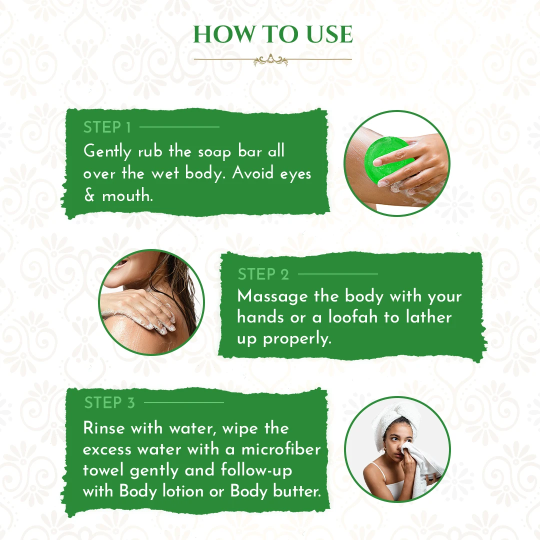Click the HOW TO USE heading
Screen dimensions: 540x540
[273, 34]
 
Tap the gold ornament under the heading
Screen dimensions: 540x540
[271, 60]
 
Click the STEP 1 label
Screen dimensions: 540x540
[107, 127]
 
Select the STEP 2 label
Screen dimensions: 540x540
[263, 274]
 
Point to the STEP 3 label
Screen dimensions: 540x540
[109, 403]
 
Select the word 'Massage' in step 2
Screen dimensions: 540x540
[272, 297]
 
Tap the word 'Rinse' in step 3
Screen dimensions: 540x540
[104, 428]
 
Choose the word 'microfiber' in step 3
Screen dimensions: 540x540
[281, 449]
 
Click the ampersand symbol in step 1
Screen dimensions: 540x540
[89, 195]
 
